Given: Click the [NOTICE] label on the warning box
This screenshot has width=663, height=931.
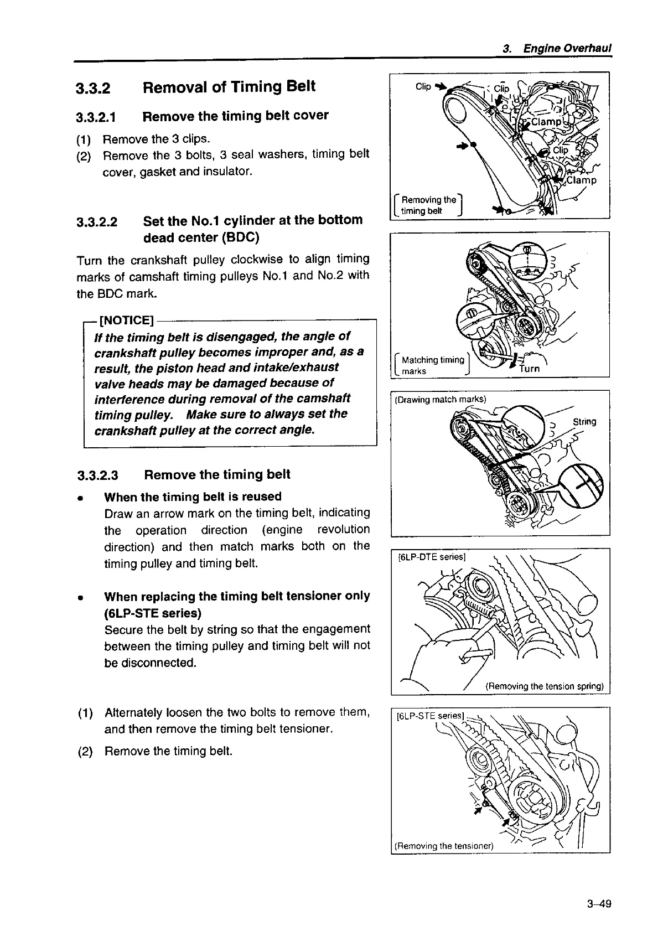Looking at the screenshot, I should (x=126, y=320).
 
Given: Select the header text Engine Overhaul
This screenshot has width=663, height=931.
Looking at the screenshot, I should (x=567, y=48).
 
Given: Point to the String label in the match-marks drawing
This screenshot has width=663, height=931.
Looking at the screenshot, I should (x=584, y=422).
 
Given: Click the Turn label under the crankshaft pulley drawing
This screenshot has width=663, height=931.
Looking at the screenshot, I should (x=529, y=369).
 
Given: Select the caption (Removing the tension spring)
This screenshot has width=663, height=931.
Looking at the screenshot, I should (x=544, y=686).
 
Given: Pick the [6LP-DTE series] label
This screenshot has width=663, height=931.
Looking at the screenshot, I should (x=433, y=557).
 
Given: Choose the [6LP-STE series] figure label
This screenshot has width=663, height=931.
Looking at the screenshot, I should (x=432, y=716).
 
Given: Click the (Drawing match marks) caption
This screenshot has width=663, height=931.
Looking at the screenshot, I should (x=440, y=399).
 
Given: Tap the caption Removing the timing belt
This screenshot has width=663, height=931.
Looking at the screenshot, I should (x=428, y=205).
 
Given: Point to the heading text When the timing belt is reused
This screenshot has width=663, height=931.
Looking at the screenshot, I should (x=193, y=496).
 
